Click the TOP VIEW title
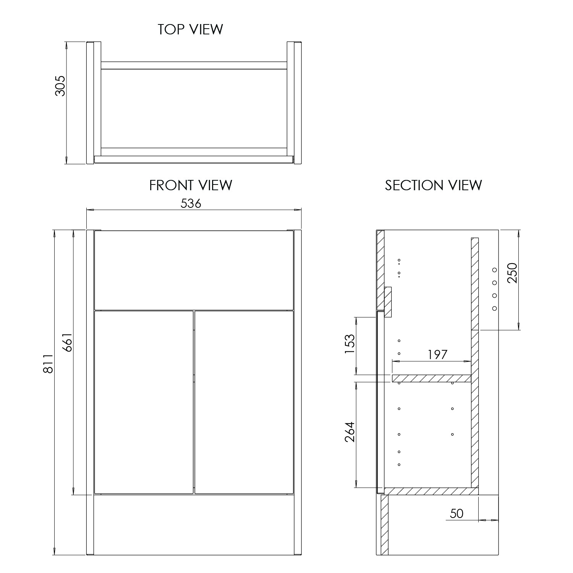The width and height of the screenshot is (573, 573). click(191, 29)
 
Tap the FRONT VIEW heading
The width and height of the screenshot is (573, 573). click(191, 185)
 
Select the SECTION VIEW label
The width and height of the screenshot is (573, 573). click(433, 185)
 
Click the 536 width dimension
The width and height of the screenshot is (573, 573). click(191, 204)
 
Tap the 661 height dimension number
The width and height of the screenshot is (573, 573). click(67, 342)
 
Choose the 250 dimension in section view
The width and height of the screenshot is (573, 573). click(511, 273)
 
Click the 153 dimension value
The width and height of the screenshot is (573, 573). click(350, 344)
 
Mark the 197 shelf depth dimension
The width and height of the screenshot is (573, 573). click(437, 354)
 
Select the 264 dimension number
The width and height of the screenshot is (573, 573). click(350, 432)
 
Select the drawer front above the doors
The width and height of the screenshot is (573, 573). click(194, 270)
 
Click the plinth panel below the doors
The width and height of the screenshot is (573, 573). click(194, 525)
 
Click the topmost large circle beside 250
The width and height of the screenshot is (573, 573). click(494, 270)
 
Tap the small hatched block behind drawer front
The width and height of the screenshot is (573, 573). click(388, 302)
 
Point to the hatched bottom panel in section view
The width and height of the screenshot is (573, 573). click(431, 491)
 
